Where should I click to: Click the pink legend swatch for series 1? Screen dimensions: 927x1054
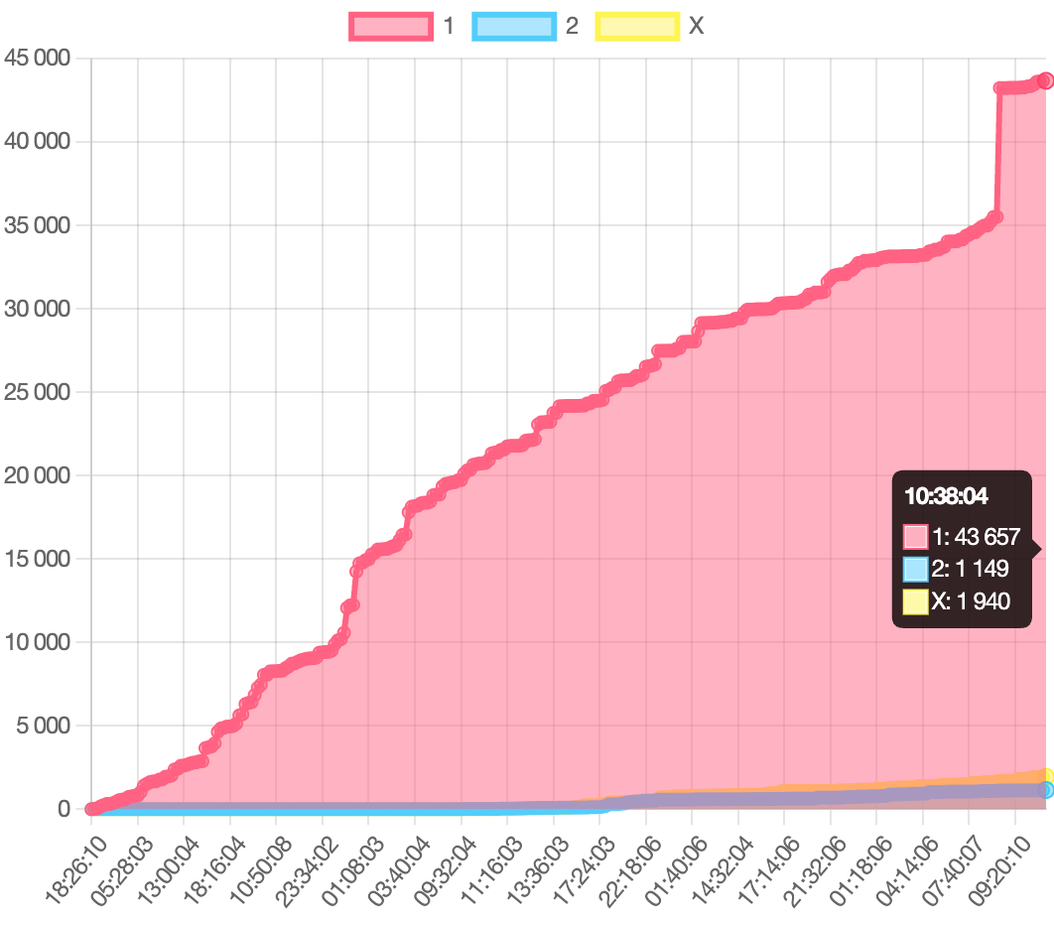(391, 26)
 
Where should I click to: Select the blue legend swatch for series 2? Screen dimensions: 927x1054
(513, 26)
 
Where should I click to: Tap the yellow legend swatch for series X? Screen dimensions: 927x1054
(636, 26)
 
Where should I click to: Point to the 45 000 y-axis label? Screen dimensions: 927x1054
(38, 58)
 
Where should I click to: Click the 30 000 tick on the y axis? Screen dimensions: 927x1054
(38, 309)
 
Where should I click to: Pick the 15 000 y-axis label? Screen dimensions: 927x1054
(38, 559)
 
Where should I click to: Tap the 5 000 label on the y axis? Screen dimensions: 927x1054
(44, 726)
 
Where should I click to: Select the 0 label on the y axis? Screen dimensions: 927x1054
(65, 809)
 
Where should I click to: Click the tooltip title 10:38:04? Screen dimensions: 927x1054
(946, 496)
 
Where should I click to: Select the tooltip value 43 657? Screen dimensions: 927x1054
(986, 537)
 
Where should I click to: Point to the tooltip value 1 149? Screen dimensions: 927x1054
(983, 569)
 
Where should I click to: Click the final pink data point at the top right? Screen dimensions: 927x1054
(1045, 80)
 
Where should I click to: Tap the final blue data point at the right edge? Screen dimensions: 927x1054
(1045, 790)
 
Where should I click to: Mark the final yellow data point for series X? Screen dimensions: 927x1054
(1045, 776)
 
